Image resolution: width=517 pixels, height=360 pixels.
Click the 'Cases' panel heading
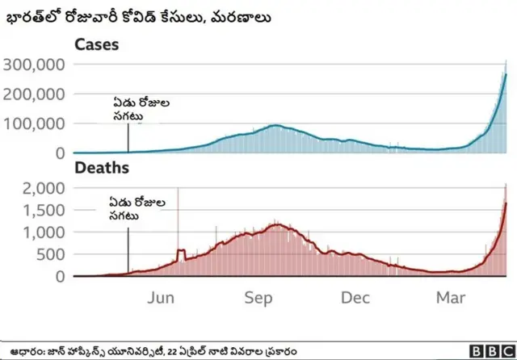(x=96, y=45)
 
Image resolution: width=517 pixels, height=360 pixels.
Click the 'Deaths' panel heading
(x=101, y=169)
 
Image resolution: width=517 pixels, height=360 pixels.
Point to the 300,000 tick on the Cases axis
(x=34, y=65)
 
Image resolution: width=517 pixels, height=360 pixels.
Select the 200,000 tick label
(x=34, y=94)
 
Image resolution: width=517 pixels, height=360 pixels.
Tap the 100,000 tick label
(x=34, y=123)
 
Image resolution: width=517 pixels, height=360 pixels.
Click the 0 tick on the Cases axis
(x=59, y=153)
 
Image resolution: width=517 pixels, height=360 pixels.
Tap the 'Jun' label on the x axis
(x=162, y=298)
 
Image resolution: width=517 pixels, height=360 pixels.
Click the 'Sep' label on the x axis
(x=259, y=298)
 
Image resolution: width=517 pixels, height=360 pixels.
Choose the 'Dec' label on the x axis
(x=355, y=298)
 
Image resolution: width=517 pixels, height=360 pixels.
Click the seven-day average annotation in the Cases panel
(x=141, y=110)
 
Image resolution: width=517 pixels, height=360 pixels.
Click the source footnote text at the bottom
(x=153, y=351)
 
